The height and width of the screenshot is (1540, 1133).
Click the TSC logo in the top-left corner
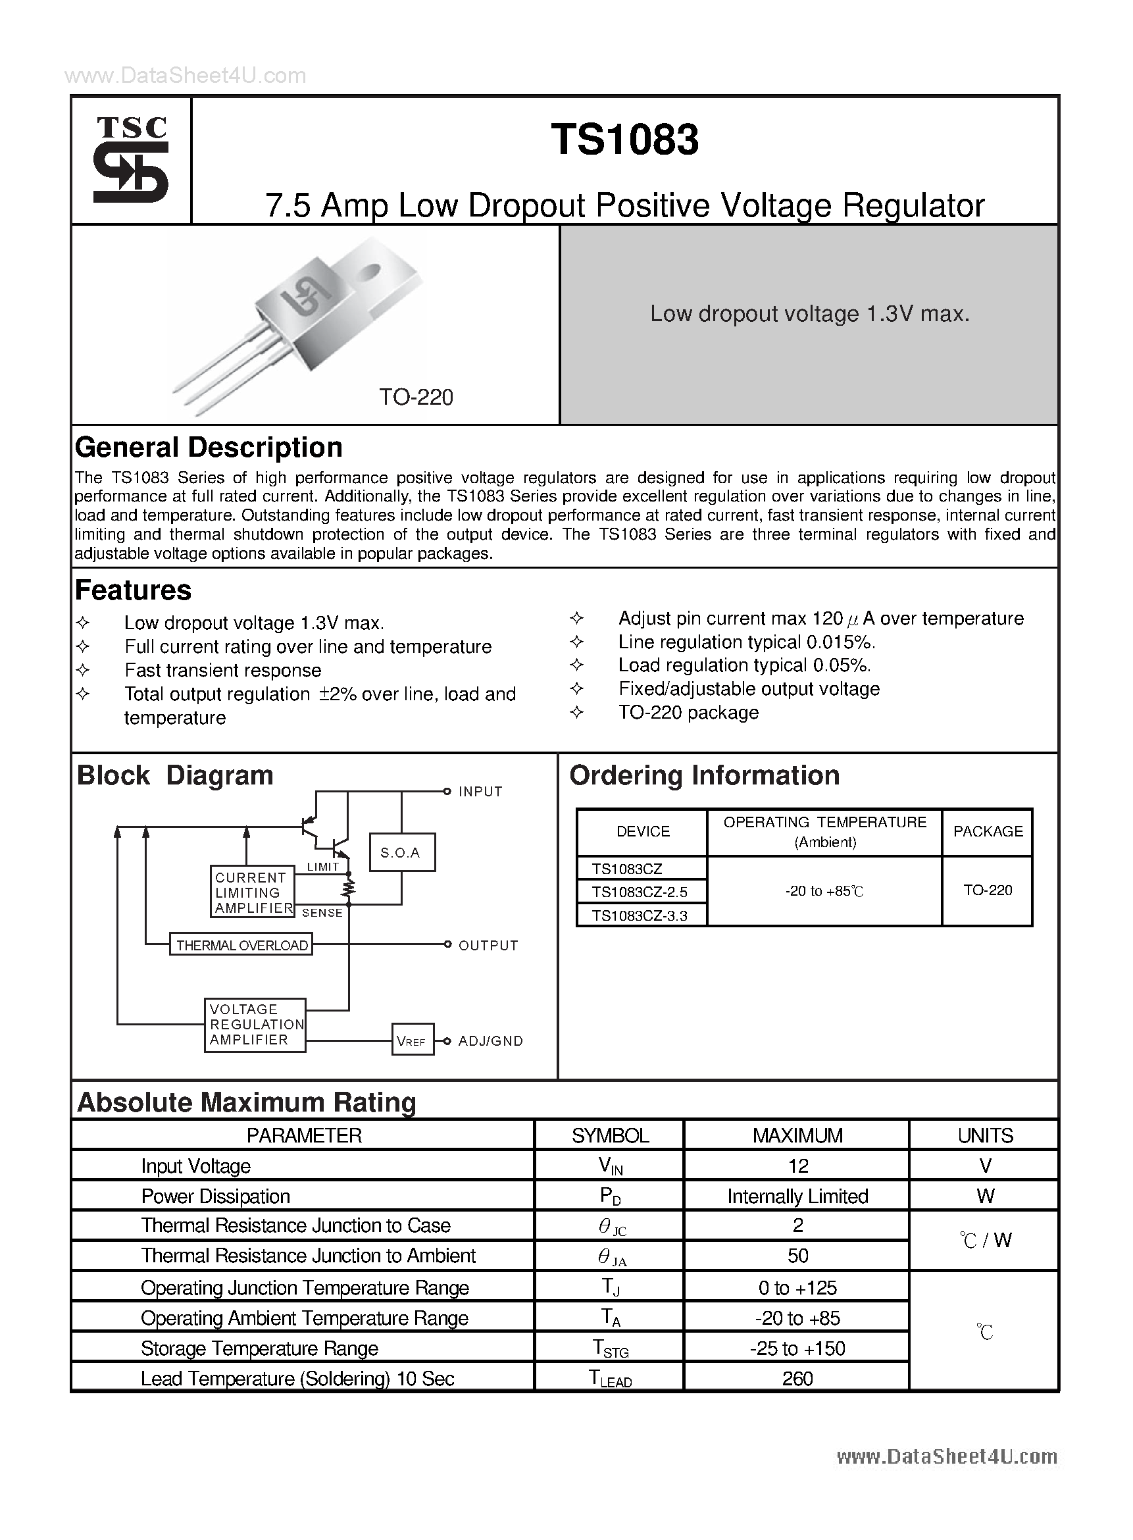(130, 159)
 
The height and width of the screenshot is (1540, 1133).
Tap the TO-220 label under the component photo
(416, 398)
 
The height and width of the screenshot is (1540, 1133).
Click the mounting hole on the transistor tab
(370, 272)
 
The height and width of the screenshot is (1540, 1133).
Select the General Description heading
(209, 448)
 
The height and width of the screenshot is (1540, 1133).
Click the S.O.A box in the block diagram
(402, 853)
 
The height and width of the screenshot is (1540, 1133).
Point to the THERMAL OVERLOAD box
(241, 945)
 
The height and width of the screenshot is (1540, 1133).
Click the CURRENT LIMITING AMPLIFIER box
(252, 892)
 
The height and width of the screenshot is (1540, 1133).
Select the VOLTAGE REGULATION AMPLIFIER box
(255, 1024)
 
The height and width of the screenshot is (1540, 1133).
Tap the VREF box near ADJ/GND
(412, 1041)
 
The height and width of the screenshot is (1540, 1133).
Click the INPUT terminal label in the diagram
(480, 792)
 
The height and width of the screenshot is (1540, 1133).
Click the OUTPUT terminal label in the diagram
(488, 945)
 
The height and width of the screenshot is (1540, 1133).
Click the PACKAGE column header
(988, 831)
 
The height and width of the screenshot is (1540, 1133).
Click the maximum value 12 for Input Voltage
(797, 1166)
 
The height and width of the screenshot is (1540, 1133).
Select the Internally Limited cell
(797, 1196)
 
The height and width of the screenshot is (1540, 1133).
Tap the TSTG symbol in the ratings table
(610, 1348)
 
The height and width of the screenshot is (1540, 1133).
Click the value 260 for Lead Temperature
(797, 1379)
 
